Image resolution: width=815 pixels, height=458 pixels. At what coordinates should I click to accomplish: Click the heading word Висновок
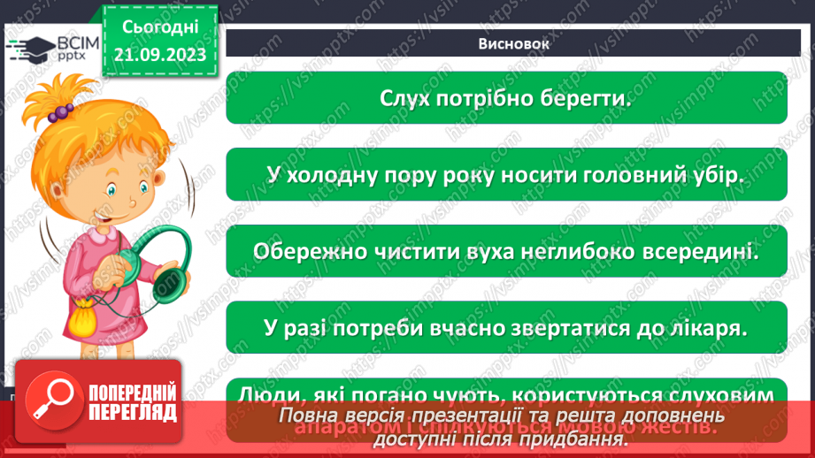pos(507,43)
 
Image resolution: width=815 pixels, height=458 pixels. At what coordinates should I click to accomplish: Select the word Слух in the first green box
pos(404,98)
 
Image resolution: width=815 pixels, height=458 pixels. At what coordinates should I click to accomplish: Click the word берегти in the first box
pos(587,98)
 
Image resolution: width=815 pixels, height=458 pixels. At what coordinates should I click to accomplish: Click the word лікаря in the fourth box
pos(704,327)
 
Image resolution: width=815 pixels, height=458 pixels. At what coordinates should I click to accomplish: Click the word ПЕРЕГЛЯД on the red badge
pos(134,413)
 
